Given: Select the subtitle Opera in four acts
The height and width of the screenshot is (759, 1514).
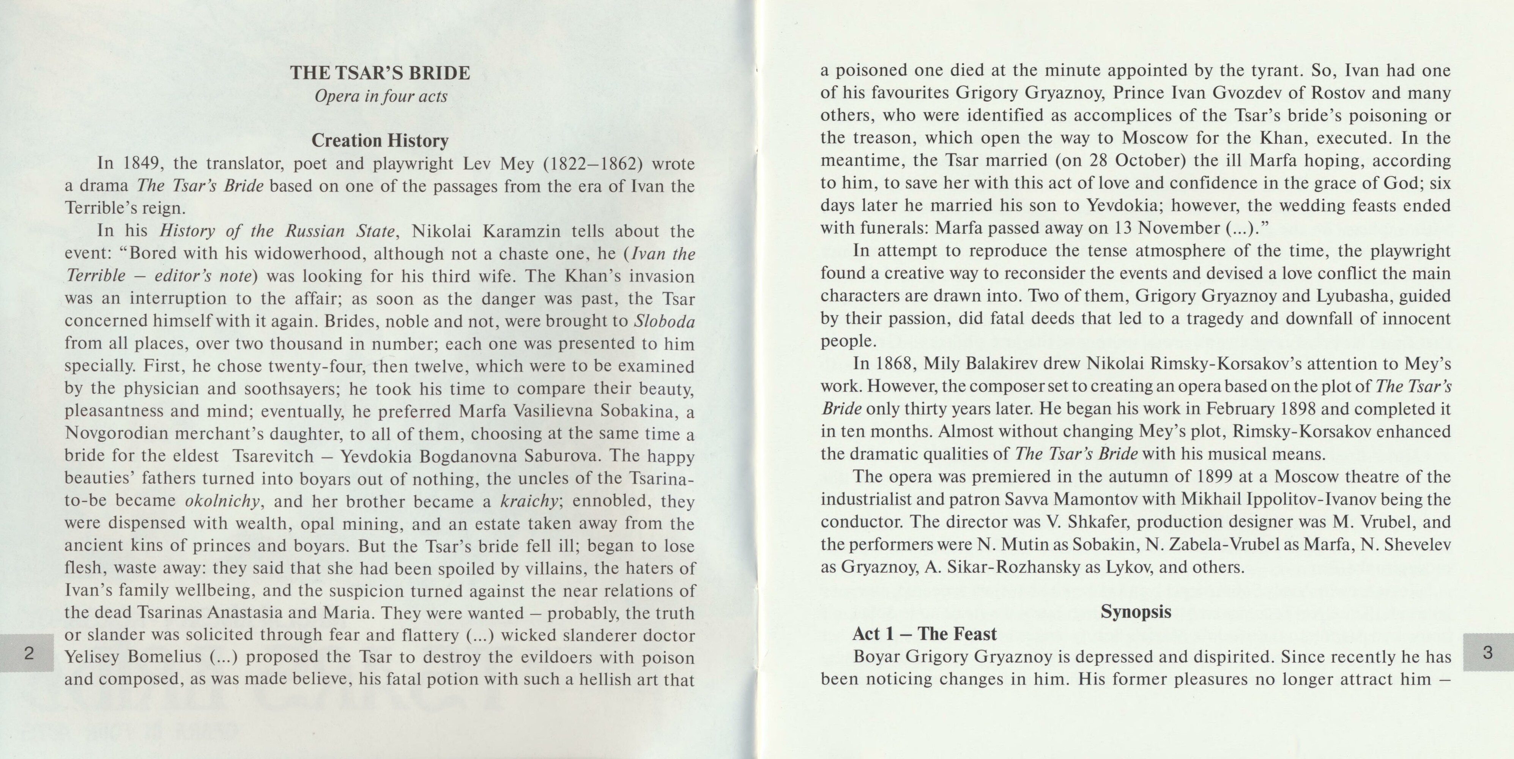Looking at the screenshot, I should (x=380, y=96).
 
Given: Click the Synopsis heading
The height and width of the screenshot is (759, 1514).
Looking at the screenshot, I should (x=1136, y=611).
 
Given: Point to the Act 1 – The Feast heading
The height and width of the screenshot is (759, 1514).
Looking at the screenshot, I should (x=925, y=634).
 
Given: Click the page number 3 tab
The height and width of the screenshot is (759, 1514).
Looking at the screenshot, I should (x=1487, y=653).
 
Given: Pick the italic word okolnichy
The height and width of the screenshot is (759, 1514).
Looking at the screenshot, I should (x=222, y=501).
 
